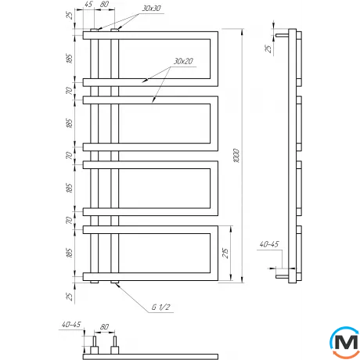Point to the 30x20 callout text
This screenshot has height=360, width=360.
pos(184,62)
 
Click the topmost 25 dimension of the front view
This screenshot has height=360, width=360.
pos(70,16)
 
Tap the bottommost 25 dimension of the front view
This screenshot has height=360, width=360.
pos(70,296)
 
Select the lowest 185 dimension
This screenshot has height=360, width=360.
pos(70,253)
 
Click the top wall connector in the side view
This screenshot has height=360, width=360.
pos(281,34)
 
